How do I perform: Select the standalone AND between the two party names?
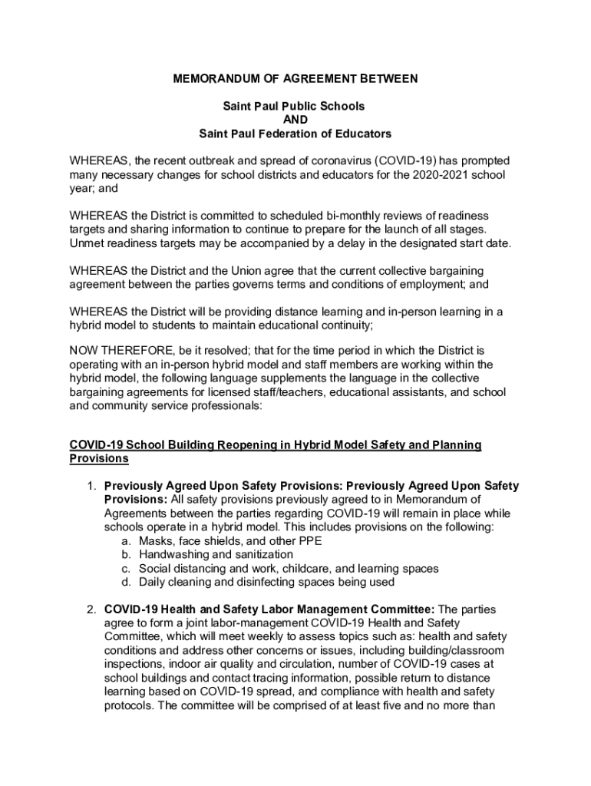pyautogui.click(x=295, y=120)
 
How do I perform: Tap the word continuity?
pyautogui.click(x=344, y=325)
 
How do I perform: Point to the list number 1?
pyautogui.click(x=90, y=486)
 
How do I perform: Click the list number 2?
pyautogui.click(x=90, y=609)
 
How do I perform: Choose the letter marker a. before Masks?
pyautogui.click(x=126, y=541)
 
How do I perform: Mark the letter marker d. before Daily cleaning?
pyautogui.click(x=126, y=583)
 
